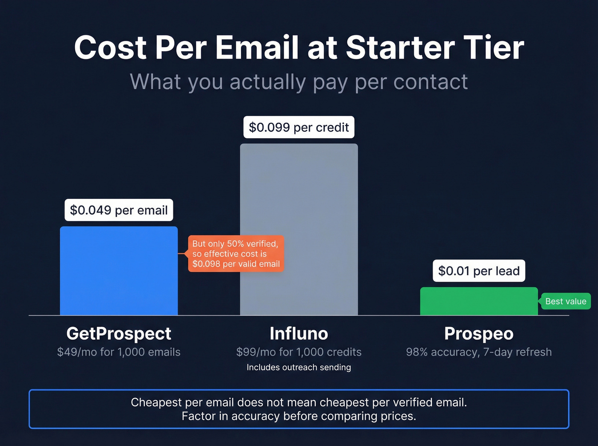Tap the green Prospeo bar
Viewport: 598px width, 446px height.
pyautogui.click(x=479, y=301)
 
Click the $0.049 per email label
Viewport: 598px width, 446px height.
pyautogui.click(x=119, y=210)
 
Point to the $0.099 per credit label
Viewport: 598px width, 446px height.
pyautogui.click(x=299, y=127)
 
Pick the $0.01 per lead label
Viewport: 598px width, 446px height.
pyautogui.click(x=479, y=271)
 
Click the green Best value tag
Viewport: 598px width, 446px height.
pyautogui.click(x=566, y=301)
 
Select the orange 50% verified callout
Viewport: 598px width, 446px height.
pyautogui.click(x=236, y=254)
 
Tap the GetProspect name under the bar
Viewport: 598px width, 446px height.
pyautogui.click(x=119, y=333)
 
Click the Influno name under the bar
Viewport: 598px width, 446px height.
pyautogui.click(x=299, y=333)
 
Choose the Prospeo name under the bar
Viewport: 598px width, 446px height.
pyautogui.click(x=479, y=333)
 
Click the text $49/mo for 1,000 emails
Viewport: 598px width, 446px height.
pyautogui.click(x=119, y=352)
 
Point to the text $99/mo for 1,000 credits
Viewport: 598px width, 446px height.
pyautogui.click(x=299, y=352)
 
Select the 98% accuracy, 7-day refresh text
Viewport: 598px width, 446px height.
pyautogui.click(x=479, y=352)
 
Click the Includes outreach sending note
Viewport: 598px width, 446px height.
pyautogui.click(x=299, y=367)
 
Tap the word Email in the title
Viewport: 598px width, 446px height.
pyautogui.click(x=257, y=47)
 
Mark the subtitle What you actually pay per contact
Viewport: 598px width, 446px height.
pyautogui.click(x=299, y=82)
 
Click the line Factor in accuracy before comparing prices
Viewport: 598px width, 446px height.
pyautogui.click(x=299, y=416)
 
